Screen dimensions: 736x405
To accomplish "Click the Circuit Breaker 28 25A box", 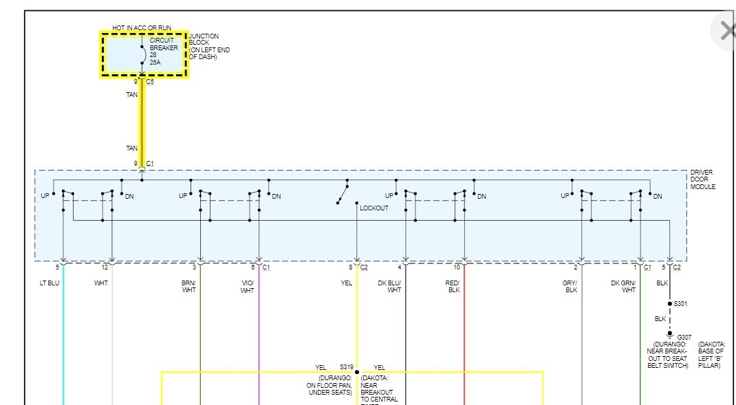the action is pyautogui.click(x=144, y=54).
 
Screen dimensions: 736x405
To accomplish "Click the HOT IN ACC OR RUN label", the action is pyautogui.click(x=142, y=28).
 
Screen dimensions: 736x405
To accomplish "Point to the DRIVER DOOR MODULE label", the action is pyautogui.click(x=703, y=179).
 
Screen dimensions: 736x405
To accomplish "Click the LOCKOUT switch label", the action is pyautogui.click(x=374, y=208).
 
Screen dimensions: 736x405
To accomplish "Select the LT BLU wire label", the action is pyautogui.click(x=50, y=283).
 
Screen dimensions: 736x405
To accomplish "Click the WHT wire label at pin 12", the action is pyautogui.click(x=101, y=283).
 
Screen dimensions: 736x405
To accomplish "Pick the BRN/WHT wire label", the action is pyautogui.click(x=188, y=286).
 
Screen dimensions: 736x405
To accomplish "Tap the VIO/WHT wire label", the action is pyautogui.click(x=247, y=286).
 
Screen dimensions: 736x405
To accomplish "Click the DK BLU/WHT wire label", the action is pyautogui.click(x=389, y=286).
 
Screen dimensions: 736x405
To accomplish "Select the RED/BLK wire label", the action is pyautogui.click(x=453, y=286).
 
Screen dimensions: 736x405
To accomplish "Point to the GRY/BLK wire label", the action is pyautogui.click(x=570, y=286).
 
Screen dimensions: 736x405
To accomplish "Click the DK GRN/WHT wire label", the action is pyautogui.click(x=623, y=286).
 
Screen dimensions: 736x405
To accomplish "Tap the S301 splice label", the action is pyautogui.click(x=680, y=303).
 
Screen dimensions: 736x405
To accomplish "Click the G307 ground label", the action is pyautogui.click(x=665, y=337).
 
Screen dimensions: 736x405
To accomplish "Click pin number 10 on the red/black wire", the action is pyautogui.click(x=457, y=267).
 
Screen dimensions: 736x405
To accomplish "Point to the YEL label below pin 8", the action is pyautogui.click(x=346, y=283).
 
